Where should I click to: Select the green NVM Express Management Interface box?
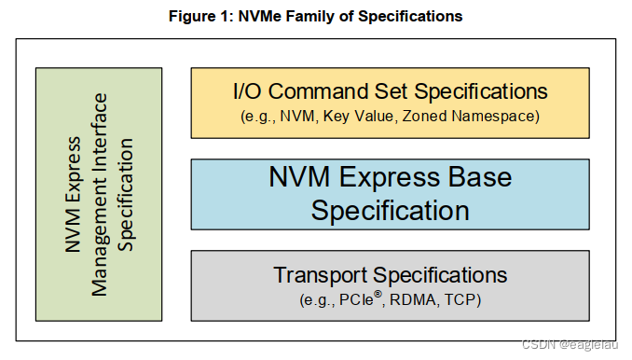pos(98,193)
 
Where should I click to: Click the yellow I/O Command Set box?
pos(390,103)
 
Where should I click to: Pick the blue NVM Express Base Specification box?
pos(390,194)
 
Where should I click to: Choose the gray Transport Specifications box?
pos(390,284)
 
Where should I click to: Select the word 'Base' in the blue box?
pos(475,176)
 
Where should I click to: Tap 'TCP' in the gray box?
pos(457,299)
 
